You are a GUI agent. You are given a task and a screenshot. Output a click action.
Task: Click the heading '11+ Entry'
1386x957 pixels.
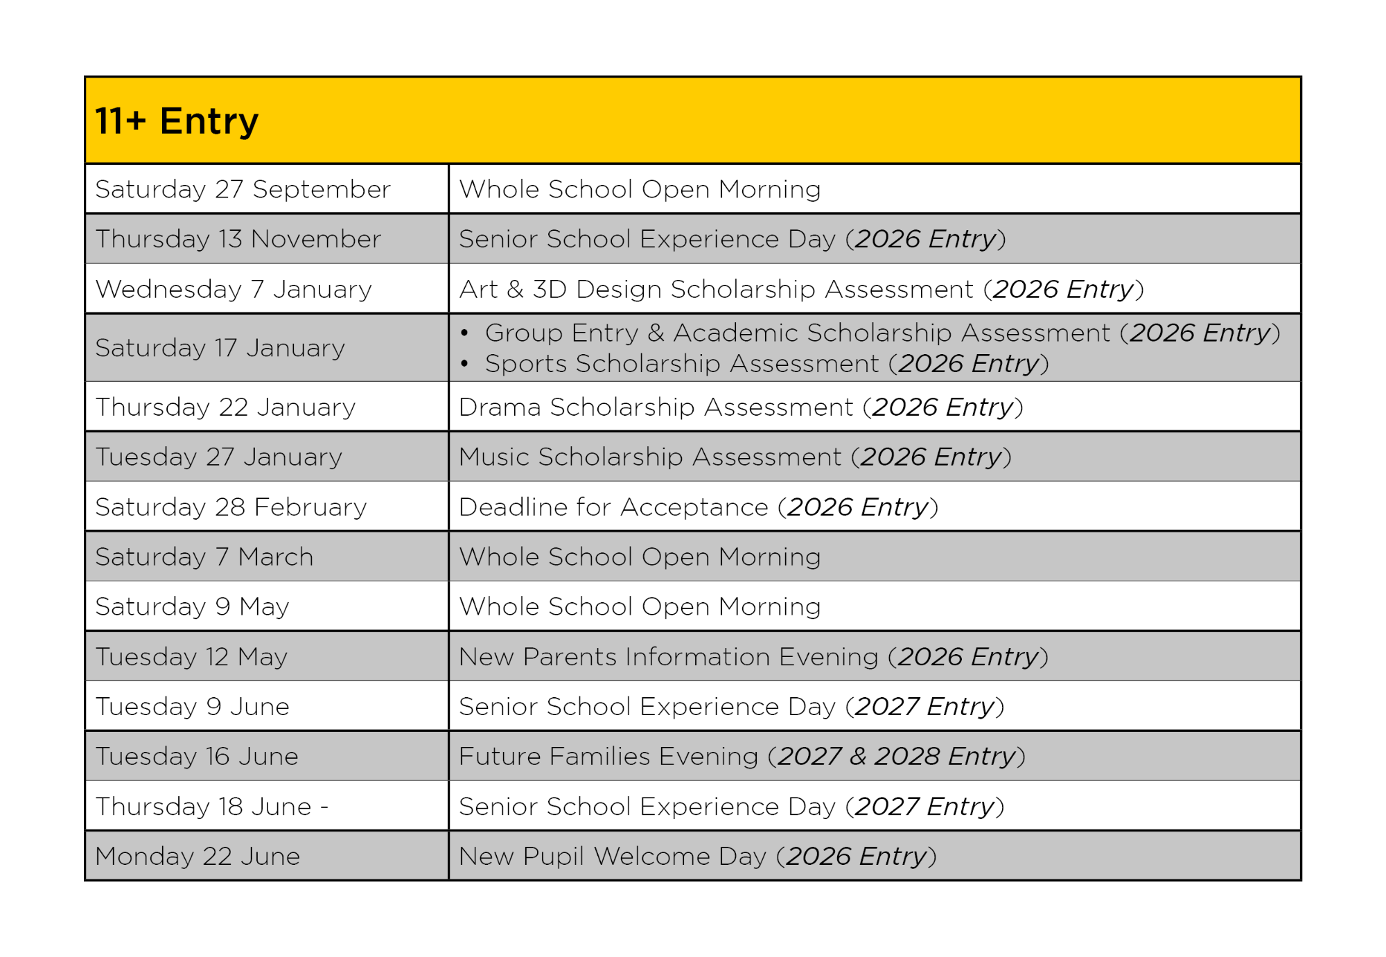pos(177,121)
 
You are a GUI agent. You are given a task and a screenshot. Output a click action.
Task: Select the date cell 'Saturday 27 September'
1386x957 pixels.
pos(243,189)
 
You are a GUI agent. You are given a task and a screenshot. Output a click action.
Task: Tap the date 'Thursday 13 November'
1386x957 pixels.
pos(238,239)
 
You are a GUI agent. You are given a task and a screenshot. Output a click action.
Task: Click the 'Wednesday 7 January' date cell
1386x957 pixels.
pos(234,289)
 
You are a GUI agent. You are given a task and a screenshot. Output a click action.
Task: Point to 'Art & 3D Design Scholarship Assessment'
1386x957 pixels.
pos(716,289)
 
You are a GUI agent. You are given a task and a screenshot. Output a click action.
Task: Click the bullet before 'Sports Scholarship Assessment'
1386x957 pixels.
pos(465,363)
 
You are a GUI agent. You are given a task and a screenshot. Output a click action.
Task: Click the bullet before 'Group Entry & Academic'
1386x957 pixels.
pos(465,333)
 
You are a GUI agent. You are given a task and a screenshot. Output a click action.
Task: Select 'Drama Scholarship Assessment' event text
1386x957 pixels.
pos(656,407)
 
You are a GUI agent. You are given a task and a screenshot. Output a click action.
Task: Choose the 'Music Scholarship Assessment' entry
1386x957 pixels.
pos(650,457)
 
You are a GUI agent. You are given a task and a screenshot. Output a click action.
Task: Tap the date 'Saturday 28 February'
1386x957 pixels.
pos(231,507)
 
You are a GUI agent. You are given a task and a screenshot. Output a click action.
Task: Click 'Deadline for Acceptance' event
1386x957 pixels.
pos(613,507)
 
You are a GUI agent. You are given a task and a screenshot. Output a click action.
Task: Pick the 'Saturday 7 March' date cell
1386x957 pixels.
pos(204,557)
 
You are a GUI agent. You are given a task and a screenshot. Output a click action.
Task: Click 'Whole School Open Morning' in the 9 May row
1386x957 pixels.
pos(640,607)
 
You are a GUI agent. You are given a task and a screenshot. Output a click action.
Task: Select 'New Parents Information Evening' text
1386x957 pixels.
pos(668,657)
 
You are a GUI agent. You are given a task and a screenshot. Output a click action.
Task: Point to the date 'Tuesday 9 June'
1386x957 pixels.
pos(193,707)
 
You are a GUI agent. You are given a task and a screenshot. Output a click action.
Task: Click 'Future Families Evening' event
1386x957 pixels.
pos(608,757)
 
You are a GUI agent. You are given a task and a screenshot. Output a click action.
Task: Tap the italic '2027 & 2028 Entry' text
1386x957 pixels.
pos(896,757)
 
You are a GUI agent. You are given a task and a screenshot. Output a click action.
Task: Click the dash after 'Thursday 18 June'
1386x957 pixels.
pos(324,807)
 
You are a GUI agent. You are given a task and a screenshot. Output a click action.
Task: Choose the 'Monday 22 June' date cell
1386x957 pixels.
pos(198,857)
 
